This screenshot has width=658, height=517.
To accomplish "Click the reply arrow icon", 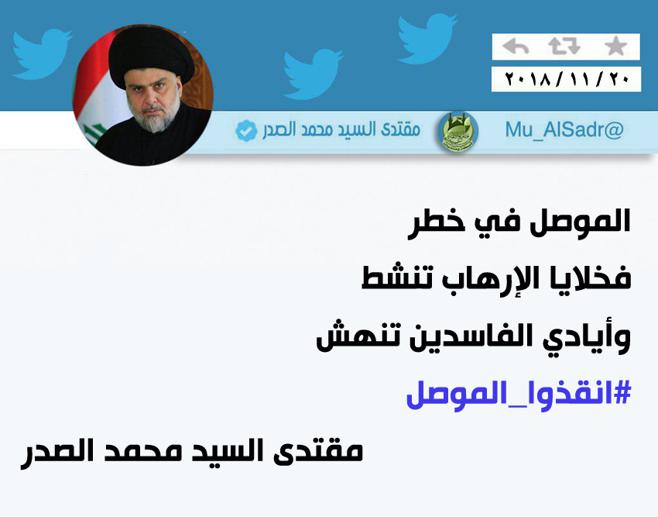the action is point(516,47).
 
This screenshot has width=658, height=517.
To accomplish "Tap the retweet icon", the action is point(564,47).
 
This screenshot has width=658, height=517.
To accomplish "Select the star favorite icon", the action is point(615,47).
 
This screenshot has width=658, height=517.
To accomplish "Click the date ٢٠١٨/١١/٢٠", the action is point(567,79).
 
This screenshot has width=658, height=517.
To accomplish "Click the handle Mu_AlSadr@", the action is point(564,130).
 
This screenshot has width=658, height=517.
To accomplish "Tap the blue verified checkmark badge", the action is point(246,130).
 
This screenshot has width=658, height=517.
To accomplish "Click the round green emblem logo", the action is point(458,132).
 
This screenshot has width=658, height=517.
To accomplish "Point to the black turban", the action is point(151,57).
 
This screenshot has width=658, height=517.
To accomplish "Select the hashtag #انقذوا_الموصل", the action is point(519,395).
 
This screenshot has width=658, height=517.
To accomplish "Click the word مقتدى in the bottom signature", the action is point(318,451).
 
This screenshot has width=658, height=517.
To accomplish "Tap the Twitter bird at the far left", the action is point(41,53).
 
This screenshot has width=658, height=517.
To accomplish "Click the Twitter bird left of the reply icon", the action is point(427,38).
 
